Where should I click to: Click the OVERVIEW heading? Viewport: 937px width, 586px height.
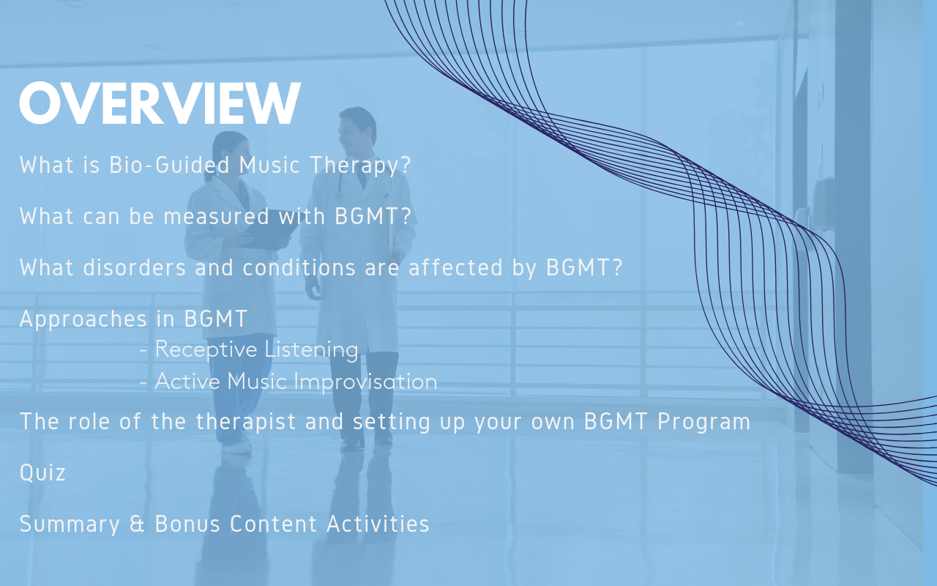pos(160,103)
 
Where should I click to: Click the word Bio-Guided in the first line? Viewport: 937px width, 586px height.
pos(169,165)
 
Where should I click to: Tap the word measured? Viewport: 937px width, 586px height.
pos(216,216)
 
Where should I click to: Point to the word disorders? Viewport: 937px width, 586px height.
pos(134,267)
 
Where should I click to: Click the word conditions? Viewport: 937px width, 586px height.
pos(299,267)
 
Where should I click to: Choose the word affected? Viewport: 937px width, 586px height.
pos(455,267)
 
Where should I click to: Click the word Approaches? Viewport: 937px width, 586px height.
pos(83,319)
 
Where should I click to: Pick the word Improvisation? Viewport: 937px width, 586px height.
pos(365,382)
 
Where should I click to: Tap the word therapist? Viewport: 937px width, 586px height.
pos(246,422)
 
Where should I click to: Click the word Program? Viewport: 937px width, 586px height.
pos(703,422)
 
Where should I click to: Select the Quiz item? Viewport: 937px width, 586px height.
pos(42,472)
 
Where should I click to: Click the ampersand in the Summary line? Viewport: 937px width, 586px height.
pos(137,524)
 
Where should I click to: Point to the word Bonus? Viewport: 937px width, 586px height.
pos(187,524)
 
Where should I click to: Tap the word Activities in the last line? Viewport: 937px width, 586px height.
pos(378,524)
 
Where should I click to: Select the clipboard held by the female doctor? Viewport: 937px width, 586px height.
pos(270,229)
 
